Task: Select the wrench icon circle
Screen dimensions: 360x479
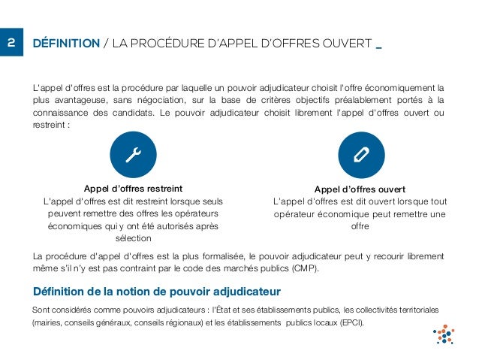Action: click(134, 154)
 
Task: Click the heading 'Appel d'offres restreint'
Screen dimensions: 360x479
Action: click(134, 188)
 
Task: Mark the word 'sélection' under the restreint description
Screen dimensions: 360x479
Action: click(134, 238)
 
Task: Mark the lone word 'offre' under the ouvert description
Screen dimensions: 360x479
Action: click(360, 226)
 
